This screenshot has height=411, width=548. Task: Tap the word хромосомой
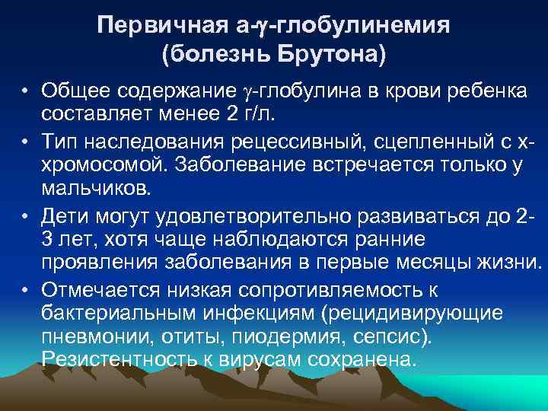(104, 164)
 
